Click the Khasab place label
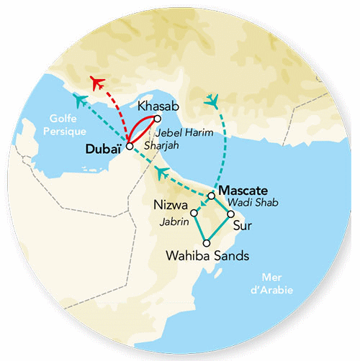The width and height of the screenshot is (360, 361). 157,106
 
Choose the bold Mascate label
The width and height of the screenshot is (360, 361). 243,191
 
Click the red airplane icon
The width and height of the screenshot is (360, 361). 95,80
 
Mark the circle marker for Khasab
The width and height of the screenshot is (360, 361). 157,119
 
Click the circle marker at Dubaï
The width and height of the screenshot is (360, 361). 129,146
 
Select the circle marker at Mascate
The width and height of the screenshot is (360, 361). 211,195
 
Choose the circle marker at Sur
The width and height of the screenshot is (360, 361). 230,214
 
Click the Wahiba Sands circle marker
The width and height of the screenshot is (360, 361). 207,242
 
